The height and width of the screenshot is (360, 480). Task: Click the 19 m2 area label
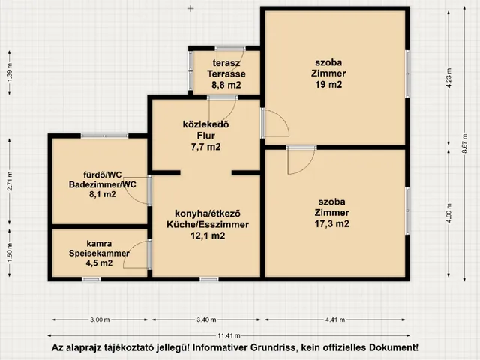tap(328, 84)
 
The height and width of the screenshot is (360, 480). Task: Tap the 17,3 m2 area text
tap(331, 223)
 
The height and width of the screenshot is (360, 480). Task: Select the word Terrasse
tap(226, 73)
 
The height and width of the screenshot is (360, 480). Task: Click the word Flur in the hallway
tap(205, 136)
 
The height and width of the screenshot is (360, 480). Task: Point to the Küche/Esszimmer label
tap(208, 224)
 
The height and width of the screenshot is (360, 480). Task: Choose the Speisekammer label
tap(99, 253)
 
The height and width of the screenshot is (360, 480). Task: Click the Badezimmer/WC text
tap(103, 184)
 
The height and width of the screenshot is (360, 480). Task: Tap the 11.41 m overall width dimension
tap(229, 335)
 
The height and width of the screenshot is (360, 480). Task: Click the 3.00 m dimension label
tap(100, 319)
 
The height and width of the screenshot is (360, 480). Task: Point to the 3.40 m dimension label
tap(206, 319)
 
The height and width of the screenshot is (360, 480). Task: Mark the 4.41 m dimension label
tap(335, 319)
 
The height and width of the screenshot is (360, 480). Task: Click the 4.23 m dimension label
tap(448, 77)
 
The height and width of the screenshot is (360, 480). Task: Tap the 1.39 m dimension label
tap(10, 73)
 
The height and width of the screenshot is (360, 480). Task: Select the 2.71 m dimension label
tap(10, 181)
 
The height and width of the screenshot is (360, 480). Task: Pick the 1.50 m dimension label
tap(10, 252)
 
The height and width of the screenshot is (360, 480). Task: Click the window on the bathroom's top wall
tap(104, 136)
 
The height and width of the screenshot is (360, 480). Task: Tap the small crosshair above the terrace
tap(190, 8)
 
